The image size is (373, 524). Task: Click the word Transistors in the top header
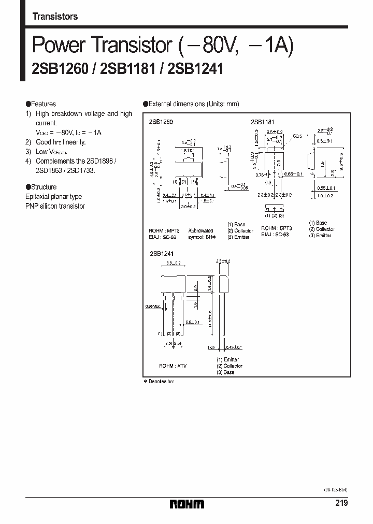(55, 17)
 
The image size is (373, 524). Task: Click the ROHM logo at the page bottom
(188, 504)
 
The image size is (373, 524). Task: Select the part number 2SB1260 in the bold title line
(54, 69)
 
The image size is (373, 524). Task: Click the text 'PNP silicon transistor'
(55, 206)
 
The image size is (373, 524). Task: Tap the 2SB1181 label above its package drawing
(262, 121)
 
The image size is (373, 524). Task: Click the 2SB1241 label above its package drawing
(161, 254)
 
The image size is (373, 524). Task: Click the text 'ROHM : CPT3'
(277, 228)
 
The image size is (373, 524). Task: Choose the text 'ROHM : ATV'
(173, 366)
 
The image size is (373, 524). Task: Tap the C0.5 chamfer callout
(297, 136)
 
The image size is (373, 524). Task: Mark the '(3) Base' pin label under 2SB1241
(225, 372)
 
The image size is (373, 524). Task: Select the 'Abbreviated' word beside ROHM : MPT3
(200, 231)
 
